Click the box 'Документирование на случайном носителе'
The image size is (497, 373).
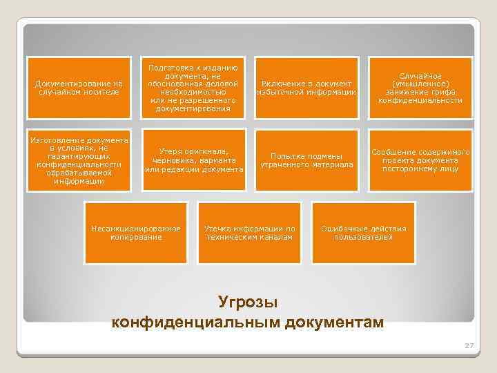pyautogui.click(x=79, y=88)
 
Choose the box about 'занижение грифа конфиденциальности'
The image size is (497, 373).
pyautogui.click(x=420, y=88)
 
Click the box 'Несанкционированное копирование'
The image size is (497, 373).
pyautogui.click(x=136, y=233)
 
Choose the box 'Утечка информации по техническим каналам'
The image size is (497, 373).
pyautogui.click(x=250, y=233)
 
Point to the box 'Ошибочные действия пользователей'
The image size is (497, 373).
pyautogui.click(x=364, y=233)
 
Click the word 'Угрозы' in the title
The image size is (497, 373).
pyautogui.click(x=248, y=303)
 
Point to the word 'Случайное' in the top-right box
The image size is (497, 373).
pyautogui.click(x=420, y=75)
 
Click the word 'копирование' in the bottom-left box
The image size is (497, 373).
pyautogui.click(x=136, y=237)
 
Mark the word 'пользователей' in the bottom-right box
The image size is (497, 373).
pyautogui.click(x=364, y=237)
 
